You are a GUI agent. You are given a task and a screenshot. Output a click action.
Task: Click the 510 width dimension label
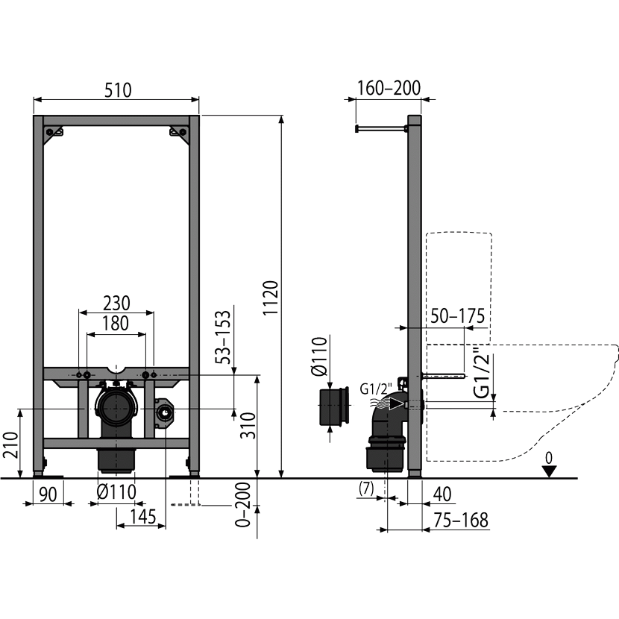(118, 90)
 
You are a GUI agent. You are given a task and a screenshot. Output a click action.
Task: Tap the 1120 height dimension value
(271, 298)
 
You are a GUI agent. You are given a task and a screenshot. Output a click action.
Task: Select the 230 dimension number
(116, 304)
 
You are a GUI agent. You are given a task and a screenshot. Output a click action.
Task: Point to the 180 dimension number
(116, 324)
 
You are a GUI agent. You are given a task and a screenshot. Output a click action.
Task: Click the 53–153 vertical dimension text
(223, 337)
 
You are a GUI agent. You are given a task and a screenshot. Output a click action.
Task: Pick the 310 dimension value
(248, 425)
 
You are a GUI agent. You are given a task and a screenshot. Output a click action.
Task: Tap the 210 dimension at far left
(10, 445)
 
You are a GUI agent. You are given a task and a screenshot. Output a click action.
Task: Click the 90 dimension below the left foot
(48, 494)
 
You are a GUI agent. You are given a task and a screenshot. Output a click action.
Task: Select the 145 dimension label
(143, 517)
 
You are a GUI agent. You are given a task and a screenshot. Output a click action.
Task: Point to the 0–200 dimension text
(243, 504)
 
